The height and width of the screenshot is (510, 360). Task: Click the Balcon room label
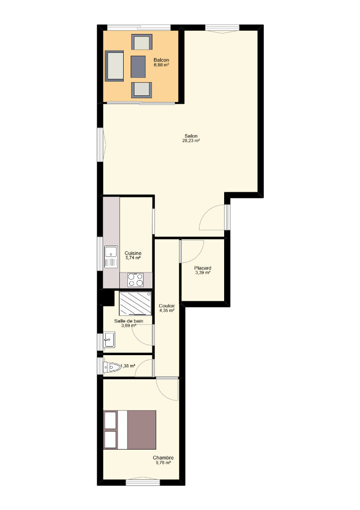pyautogui.click(x=161, y=60)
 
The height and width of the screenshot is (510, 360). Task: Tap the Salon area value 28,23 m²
pyautogui.click(x=191, y=141)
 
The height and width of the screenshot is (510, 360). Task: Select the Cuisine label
pyautogui.click(x=133, y=253)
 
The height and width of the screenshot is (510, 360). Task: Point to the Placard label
pyautogui.click(x=203, y=268)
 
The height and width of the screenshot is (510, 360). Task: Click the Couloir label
pyautogui.click(x=167, y=306)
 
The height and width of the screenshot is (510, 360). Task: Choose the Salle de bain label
pyautogui.click(x=129, y=321)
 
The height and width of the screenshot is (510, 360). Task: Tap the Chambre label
pyautogui.click(x=163, y=458)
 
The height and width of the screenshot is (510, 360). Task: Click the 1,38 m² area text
pyautogui.click(x=128, y=366)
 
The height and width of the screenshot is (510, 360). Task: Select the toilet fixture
pyautogui.click(x=111, y=367)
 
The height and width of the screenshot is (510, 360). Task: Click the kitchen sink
pyautogui.click(x=111, y=256)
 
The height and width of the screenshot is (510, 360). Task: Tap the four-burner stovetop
pyautogui.click(x=135, y=280)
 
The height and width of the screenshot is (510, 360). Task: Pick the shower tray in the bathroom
pyautogui.click(x=135, y=304)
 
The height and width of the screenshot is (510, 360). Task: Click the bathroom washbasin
pyautogui.click(x=109, y=340)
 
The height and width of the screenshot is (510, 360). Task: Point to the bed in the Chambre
pyautogui.click(x=130, y=430)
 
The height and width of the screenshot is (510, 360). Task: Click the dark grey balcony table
pyautogui.click(x=138, y=67)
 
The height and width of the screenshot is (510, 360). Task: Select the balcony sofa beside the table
pyautogui.click(x=114, y=66)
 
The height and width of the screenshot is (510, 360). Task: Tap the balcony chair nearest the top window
pyautogui.click(x=142, y=42)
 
